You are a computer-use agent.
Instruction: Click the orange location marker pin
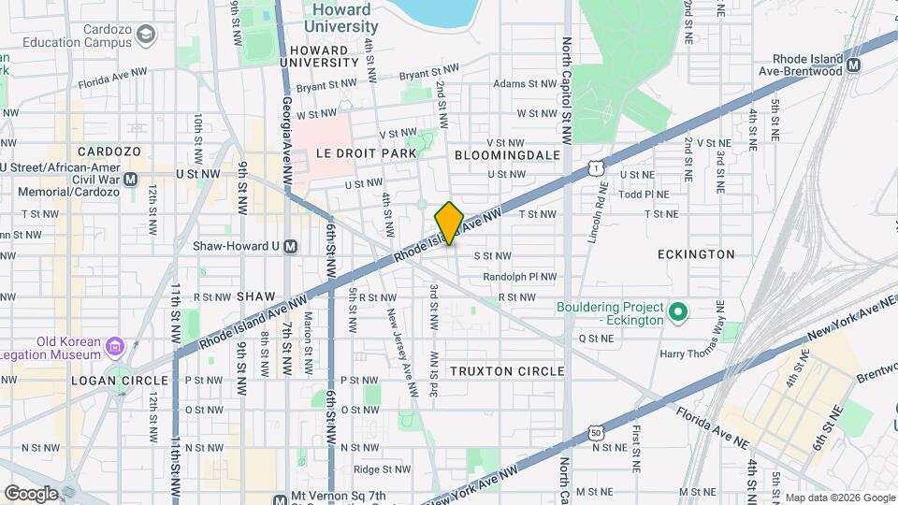pyautogui.click(x=449, y=223)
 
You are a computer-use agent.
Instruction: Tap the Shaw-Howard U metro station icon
pyautogui.click(x=291, y=247)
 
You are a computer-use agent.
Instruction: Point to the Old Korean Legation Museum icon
pyautogui.click(x=115, y=347)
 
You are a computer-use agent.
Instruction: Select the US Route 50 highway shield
pyautogui.click(x=596, y=431)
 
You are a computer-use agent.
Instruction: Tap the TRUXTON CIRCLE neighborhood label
pyautogui.click(x=507, y=371)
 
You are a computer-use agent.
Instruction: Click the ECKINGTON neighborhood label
pyautogui.click(x=696, y=254)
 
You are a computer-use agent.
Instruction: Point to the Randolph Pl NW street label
pyautogui.click(x=519, y=277)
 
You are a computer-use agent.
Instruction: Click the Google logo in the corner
pyautogui.click(x=32, y=493)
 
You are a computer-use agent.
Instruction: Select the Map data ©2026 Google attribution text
pyautogui.click(x=839, y=498)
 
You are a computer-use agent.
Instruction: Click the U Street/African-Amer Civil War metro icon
pyautogui.click(x=130, y=179)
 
